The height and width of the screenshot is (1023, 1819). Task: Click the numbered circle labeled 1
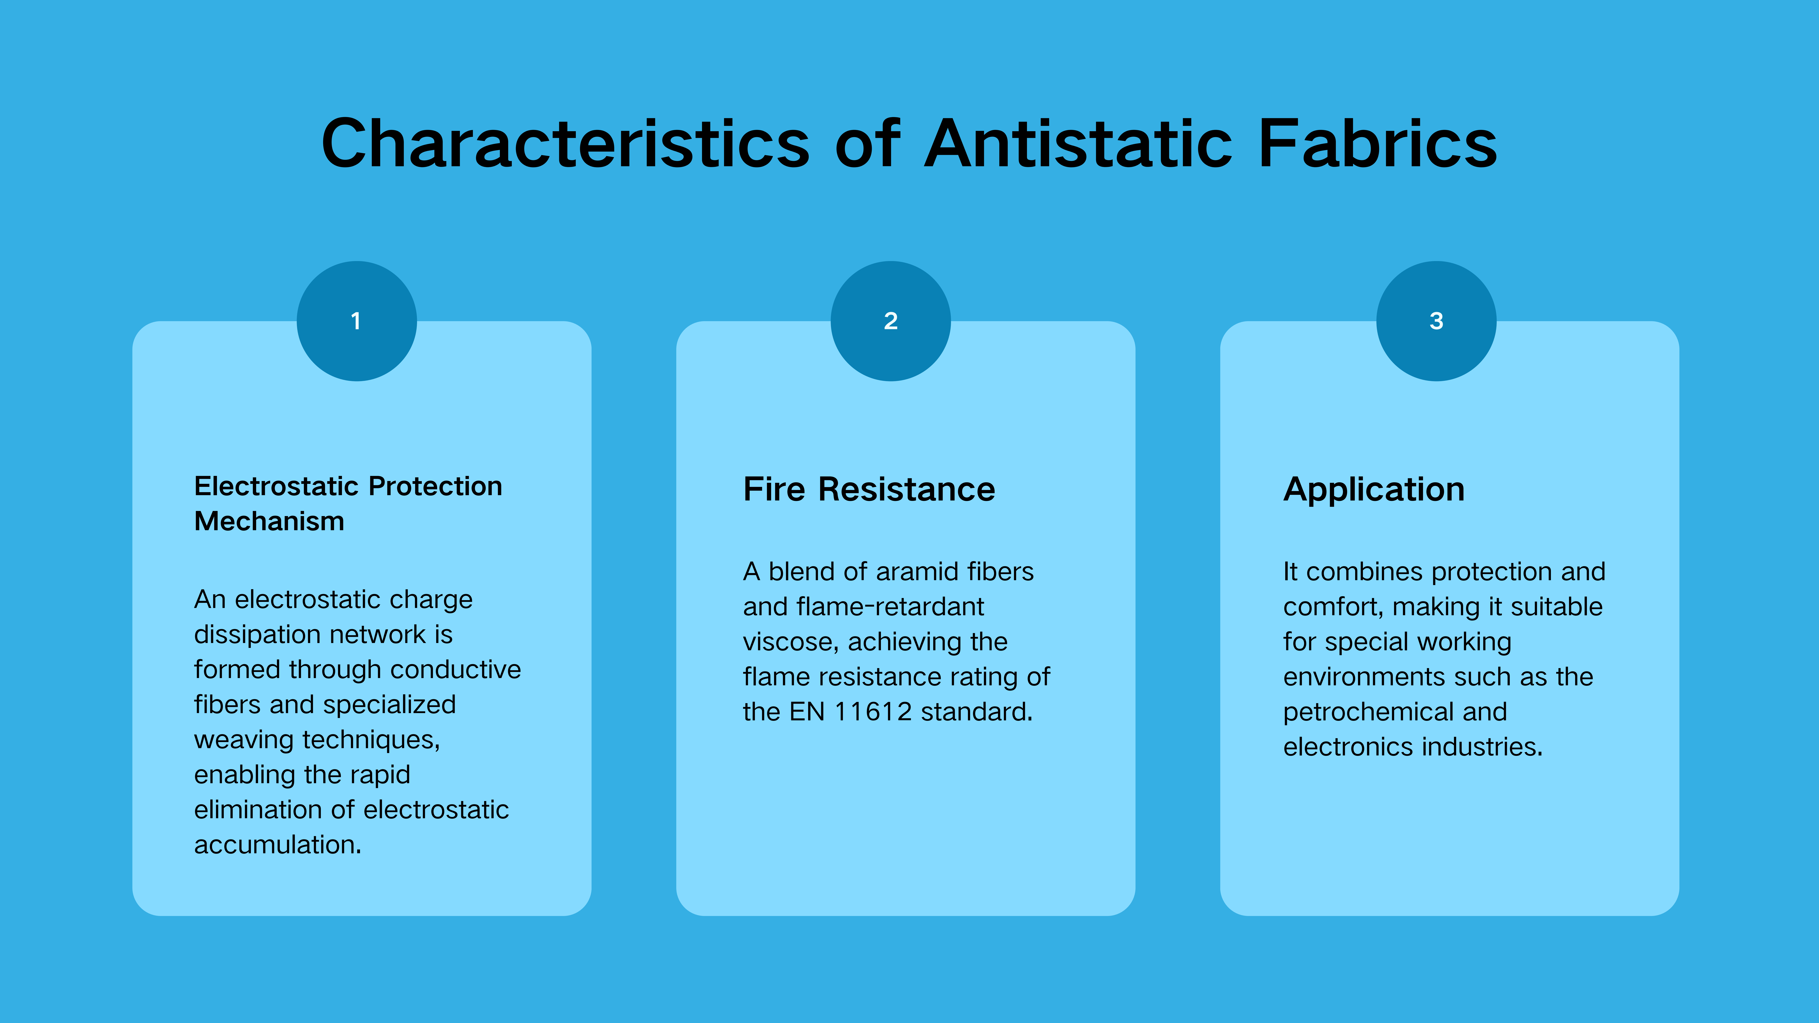(x=357, y=321)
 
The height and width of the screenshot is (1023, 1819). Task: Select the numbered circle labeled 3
(x=1436, y=321)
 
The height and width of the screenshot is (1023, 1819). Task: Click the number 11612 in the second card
(x=873, y=712)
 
